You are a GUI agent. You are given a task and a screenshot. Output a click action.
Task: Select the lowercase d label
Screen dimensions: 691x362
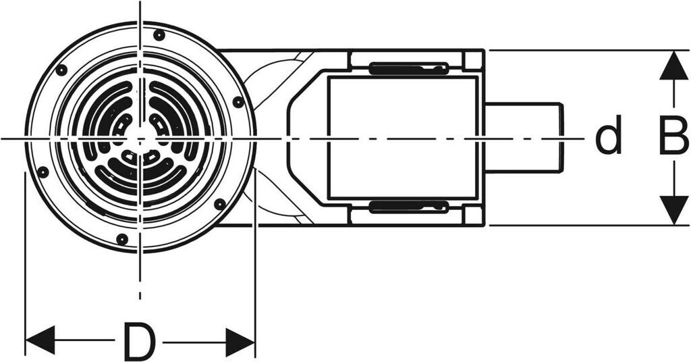(608, 138)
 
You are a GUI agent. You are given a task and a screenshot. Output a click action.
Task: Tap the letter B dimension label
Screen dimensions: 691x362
(673, 138)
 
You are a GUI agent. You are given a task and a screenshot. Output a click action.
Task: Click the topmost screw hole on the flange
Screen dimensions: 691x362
(159, 34)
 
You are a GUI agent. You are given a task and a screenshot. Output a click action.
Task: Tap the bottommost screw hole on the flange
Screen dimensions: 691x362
(121, 239)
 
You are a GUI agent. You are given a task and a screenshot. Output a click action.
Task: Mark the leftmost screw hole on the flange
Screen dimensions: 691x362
(43, 172)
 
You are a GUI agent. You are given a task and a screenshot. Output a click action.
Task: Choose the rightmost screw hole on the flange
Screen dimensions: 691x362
(238, 102)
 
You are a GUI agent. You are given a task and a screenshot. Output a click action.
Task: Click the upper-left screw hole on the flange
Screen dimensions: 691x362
(61, 70)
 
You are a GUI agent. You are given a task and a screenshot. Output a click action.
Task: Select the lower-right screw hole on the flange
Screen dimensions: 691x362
(219, 203)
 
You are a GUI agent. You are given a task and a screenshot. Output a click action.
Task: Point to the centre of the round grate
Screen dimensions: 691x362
(140, 138)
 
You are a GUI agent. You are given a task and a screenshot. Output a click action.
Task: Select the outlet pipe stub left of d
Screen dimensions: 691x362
(524, 137)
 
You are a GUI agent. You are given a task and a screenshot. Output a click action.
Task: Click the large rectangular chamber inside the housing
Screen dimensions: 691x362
(404, 138)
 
